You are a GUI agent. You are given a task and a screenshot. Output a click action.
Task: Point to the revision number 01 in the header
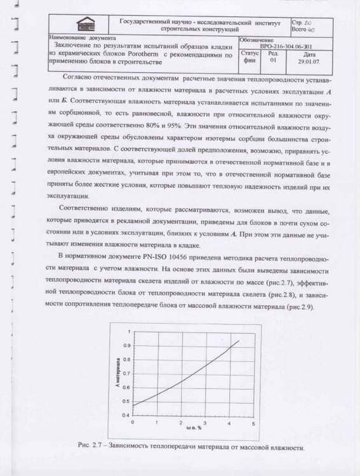[273, 61]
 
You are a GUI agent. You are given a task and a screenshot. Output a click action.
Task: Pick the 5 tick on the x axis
[253, 422]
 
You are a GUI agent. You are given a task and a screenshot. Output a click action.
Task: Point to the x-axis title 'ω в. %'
[194, 429]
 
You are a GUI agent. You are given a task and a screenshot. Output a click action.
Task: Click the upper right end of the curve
[239, 341]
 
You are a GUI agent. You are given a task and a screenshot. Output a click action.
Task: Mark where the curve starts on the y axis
[132, 405]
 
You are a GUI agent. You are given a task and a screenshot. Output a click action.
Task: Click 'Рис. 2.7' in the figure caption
[90, 447]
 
